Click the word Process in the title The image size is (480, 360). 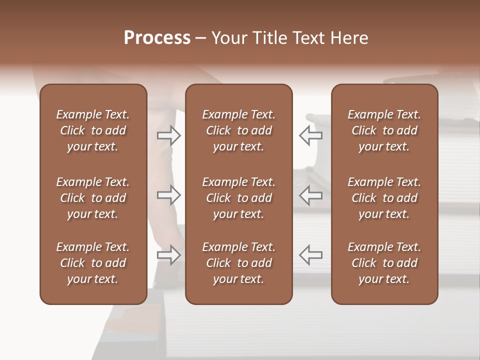(x=157, y=38)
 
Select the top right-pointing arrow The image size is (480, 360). (x=169, y=135)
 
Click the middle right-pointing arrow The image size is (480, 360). (x=169, y=195)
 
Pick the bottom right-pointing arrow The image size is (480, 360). (x=169, y=255)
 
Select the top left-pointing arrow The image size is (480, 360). (x=311, y=135)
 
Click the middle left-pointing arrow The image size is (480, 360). (x=311, y=195)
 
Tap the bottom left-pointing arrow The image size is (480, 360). (x=311, y=255)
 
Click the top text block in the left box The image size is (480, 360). (x=93, y=130)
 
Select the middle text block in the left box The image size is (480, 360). (x=93, y=198)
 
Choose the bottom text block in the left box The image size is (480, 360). (x=93, y=263)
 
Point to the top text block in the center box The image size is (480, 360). (x=238, y=130)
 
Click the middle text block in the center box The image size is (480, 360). (x=238, y=198)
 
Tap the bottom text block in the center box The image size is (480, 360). (x=238, y=263)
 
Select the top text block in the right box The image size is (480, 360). (x=384, y=130)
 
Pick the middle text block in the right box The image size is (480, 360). (x=384, y=198)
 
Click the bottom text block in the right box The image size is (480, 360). (x=384, y=263)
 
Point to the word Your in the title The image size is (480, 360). (x=228, y=38)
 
